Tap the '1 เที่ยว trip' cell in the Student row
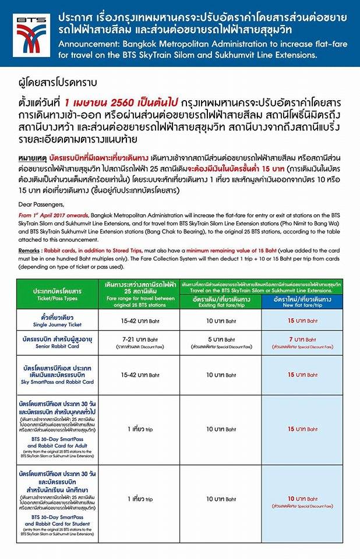tap(140, 499)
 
